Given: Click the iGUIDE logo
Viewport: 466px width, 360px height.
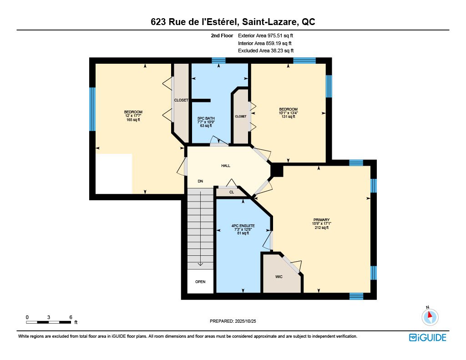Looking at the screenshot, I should pos(427,337).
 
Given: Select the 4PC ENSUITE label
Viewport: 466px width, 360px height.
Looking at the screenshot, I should pos(243,225).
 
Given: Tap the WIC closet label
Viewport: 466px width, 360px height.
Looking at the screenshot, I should pos(279,277).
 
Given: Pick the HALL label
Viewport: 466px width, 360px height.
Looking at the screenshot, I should pos(225,166).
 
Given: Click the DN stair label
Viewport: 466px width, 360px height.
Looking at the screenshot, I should pos(200,182).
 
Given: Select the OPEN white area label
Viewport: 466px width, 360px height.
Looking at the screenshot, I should pos(200,282).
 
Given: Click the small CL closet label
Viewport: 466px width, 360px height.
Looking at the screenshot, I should pos(231,193).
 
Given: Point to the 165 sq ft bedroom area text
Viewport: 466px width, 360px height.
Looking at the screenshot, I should pos(133,120).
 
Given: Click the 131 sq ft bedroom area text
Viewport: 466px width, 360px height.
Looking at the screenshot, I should pos(288,117).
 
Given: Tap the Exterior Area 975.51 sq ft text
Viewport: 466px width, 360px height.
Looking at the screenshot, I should pos(268,35).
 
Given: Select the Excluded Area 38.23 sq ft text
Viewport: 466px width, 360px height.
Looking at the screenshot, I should pos(266,51).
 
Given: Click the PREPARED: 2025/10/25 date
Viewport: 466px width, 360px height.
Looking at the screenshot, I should pos(233,321).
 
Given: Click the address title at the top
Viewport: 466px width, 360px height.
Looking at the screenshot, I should pos(233,22).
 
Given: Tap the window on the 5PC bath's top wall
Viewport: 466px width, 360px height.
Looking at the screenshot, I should pos(218,61).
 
